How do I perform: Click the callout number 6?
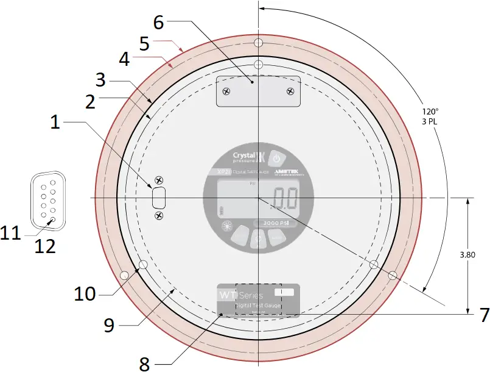pos(158,23)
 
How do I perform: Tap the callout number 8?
pos(144,363)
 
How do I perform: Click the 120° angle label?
pos(430,112)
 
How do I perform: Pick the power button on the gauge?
pos(277,158)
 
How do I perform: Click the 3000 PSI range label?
pos(275,223)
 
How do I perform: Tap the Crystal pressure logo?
pos(250,158)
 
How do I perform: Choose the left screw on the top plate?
pos(226,91)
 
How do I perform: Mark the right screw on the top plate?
pos(290,91)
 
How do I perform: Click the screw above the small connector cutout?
pos(159,180)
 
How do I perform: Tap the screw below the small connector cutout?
pos(159,216)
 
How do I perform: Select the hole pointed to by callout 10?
pos(144,265)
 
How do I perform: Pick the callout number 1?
pos(55,123)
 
